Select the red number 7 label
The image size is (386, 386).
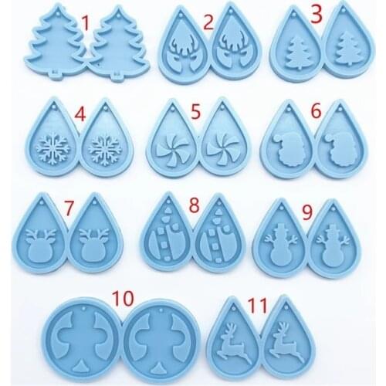point(69,208)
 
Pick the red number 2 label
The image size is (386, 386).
point(208,23)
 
